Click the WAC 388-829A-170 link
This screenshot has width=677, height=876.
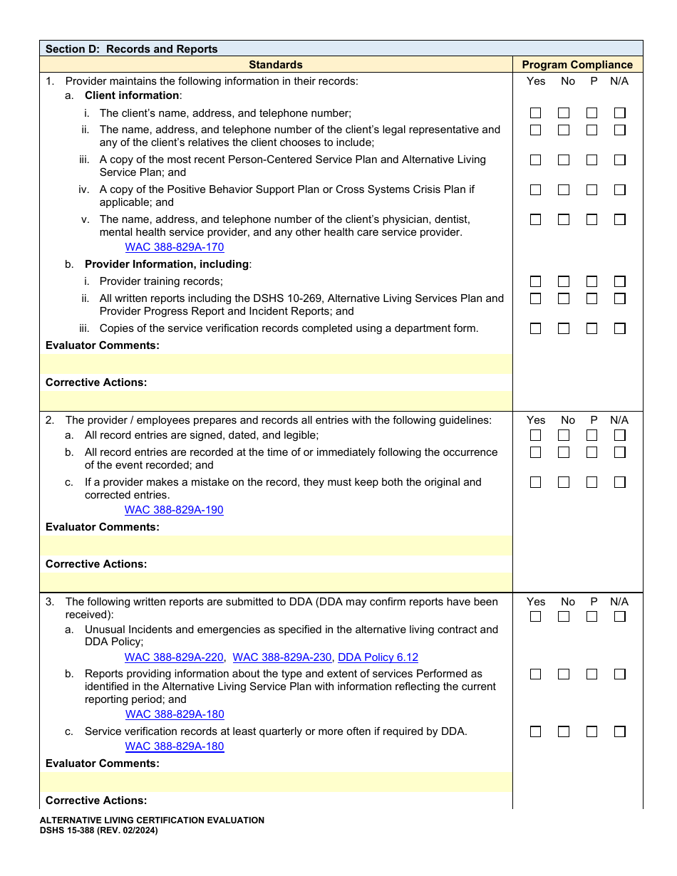(x=175, y=247)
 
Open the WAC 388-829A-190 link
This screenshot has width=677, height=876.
(x=174, y=510)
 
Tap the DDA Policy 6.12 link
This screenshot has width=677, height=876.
(x=378, y=657)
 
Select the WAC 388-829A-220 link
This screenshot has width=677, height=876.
(x=174, y=657)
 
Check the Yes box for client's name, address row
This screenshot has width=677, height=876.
(x=535, y=113)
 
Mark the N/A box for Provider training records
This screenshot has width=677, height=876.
(x=620, y=281)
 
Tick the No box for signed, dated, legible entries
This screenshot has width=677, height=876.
(x=564, y=435)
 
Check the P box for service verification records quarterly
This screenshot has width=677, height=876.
(x=591, y=731)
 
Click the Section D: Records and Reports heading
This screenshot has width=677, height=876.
(x=132, y=49)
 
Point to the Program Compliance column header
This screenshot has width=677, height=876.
(x=577, y=65)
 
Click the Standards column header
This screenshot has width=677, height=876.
(x=276, y=65)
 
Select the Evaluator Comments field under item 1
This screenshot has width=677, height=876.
(x=276, y=364)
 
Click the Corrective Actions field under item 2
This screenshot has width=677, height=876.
(x=276, y=582)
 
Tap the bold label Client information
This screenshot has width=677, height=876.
(x=132, y=95)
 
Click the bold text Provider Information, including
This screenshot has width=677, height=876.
(x=167, y=264)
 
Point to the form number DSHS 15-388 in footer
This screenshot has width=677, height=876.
(x=98, y=830)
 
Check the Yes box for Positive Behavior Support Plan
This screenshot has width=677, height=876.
(x=535, y=190)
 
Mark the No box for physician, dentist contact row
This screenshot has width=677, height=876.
(x=564, y=219)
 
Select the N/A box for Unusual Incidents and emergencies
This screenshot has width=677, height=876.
(x=620, y=617)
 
